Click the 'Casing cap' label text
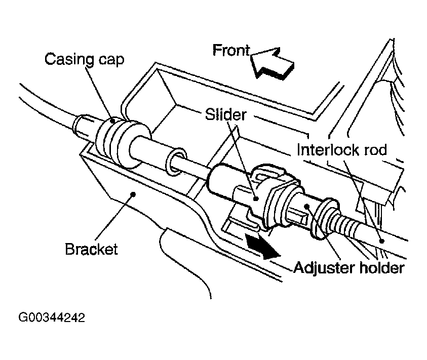pyautogui.click(x=84, y=60)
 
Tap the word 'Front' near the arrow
pyautogui.click(x=231, y=51)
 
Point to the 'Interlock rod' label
pyautogui.click(x=342, y=150)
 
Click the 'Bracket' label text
pyautogui.click(x=91, y=249)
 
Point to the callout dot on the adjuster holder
pyautogui.click(x=307, y=207)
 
